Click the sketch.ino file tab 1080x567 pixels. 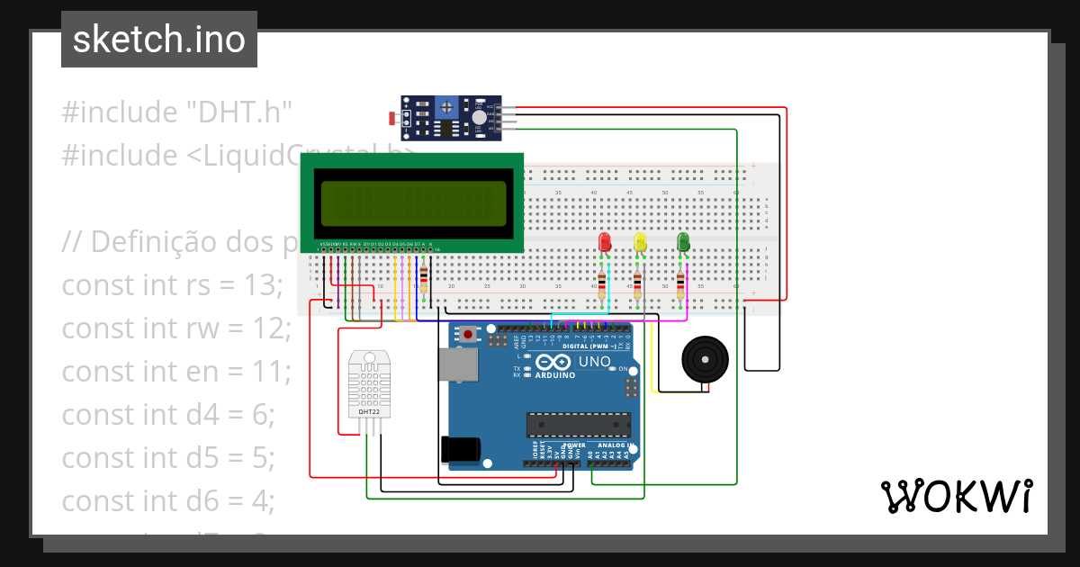pyautogui.click(x=159, y=40)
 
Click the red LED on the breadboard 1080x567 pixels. pyautogui.click(x=605, y=242)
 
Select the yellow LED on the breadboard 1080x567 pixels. pyautogui.click(x=641, y=242)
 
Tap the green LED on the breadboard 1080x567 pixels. pyautogui.click(x=683, y=241)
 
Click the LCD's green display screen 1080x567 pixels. pyautogui.click(x=412, y=202)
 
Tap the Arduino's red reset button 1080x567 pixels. pyautogui.click(x=468, y=335)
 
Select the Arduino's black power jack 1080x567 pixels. pyautogui.click(x=461, y=449)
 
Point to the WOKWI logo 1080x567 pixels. pyautogui.click(x=955, y=496)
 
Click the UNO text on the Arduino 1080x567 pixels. pyautogui.click(x=594, y=362)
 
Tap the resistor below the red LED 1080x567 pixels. pyautogui.click(x=602, y=284)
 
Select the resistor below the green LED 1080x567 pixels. pyautogui.click(x=679, y=284)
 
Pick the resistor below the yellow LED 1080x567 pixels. pyautogui.click(x=637, y=284)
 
